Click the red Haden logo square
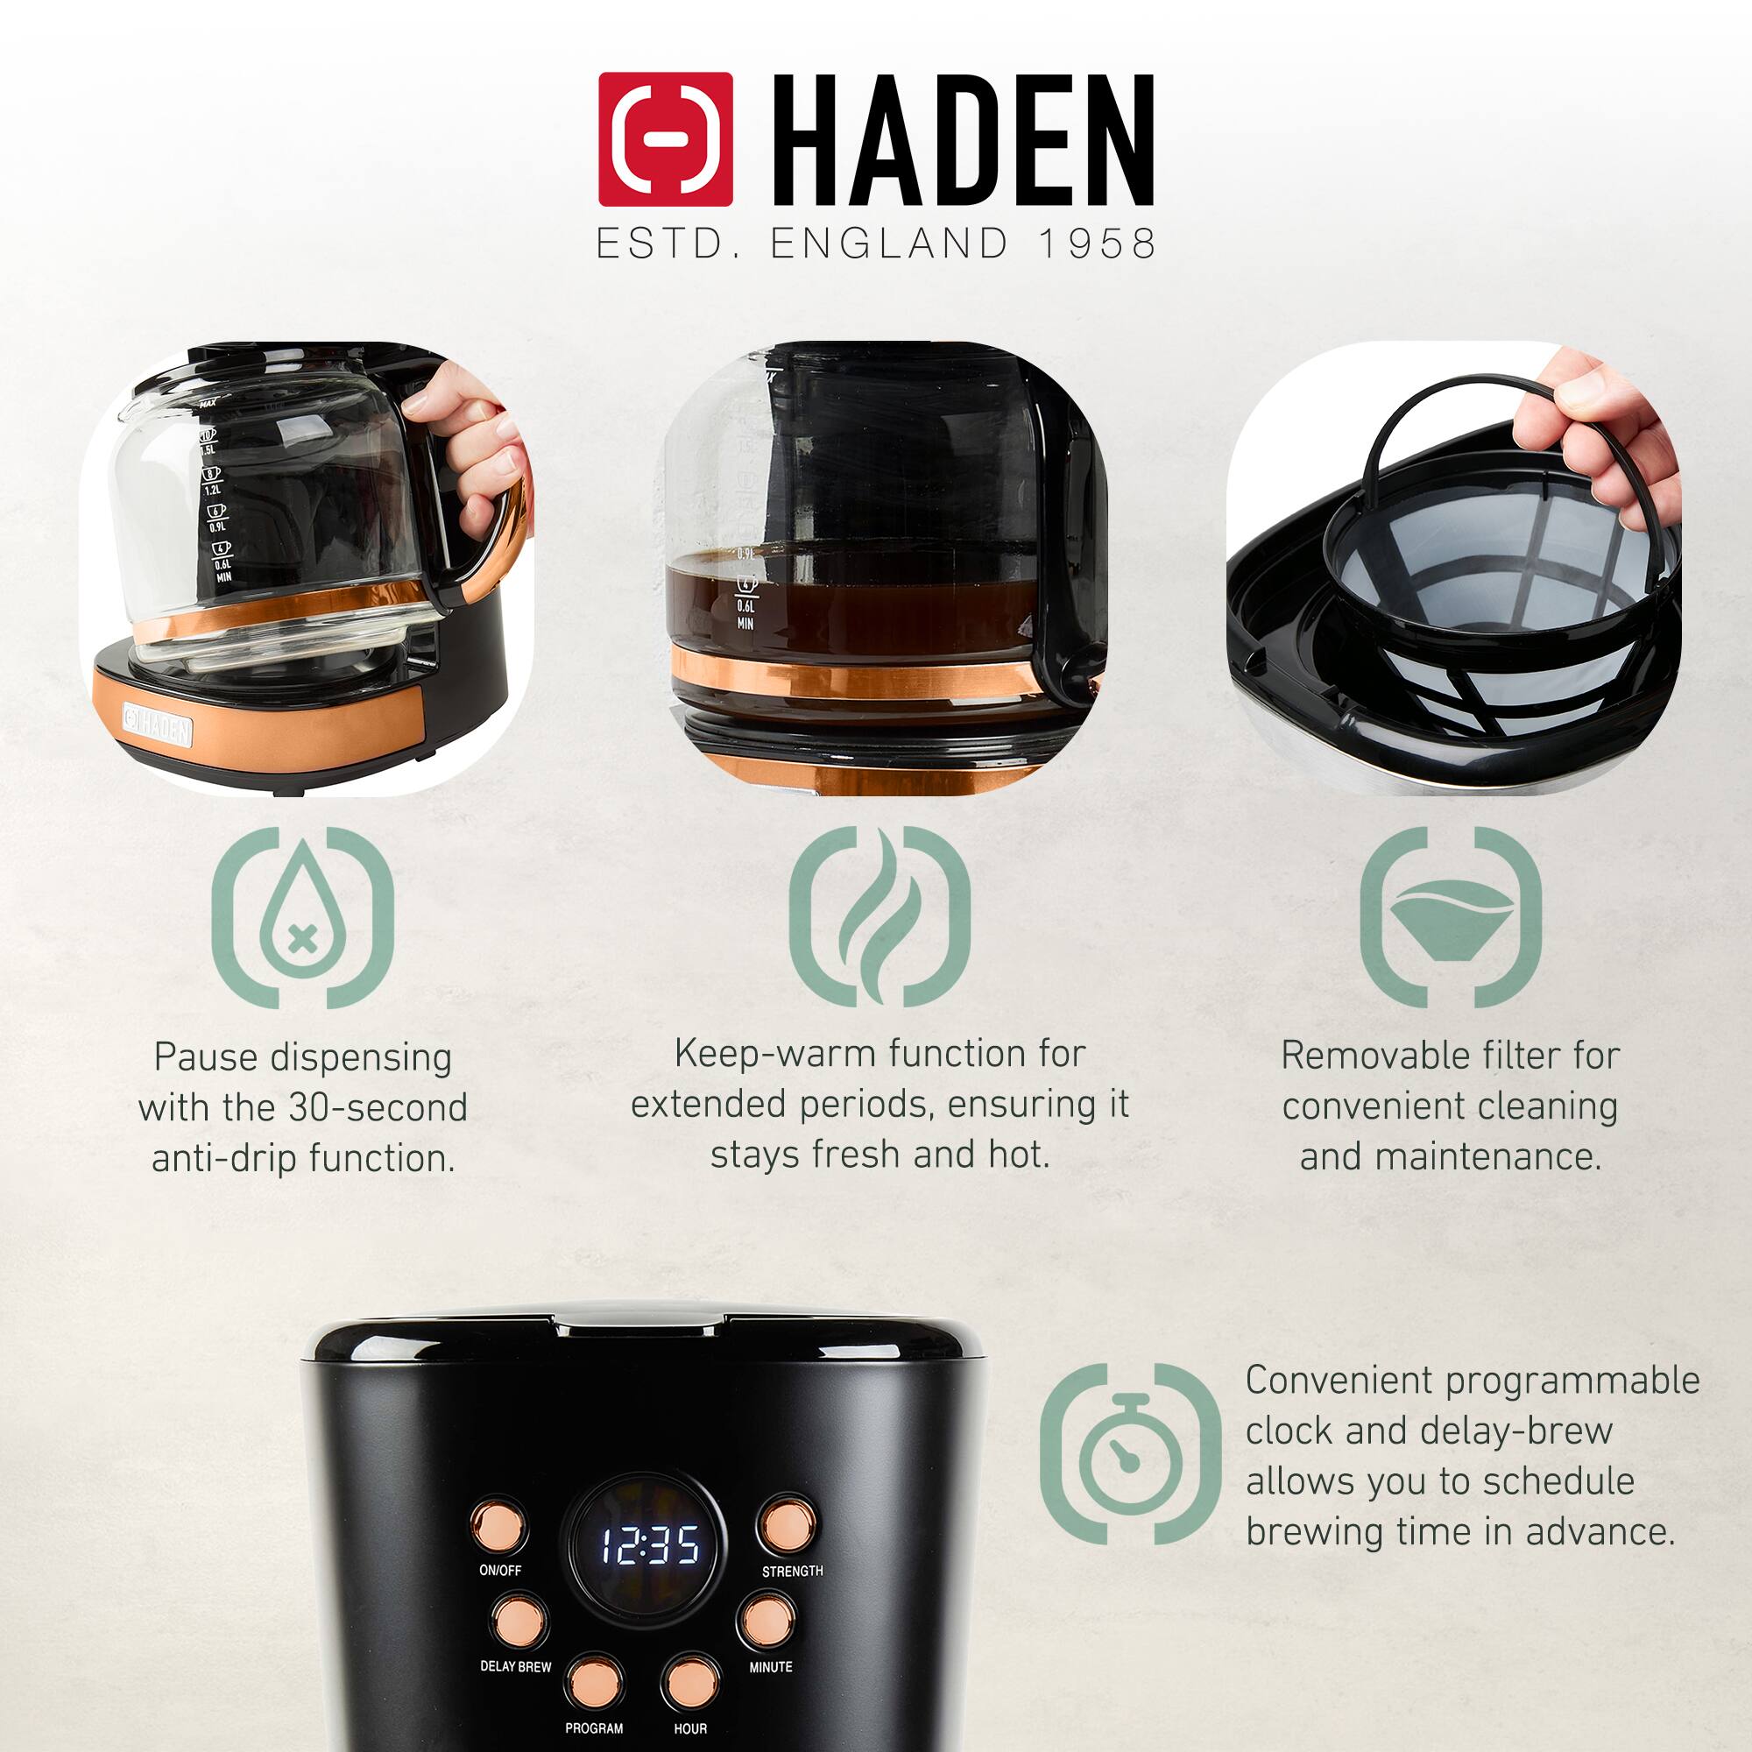pyautogui.click(x=665, y=138)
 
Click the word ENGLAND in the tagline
pyautogui.click(x=888, y=243)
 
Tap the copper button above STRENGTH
pyautogui.click(x=787, y=1526)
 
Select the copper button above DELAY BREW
pyautogui.click(x=519, y=1621)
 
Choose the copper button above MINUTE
pyautogui.click(x=766, y=1621)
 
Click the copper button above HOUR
pyautogui.click(x=691, y=1682)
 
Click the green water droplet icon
pyautogui.click(x=302, y=917)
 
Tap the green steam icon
pyautogui.click(x=879, y=917)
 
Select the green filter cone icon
pyautogui.click(x=1450, y=917)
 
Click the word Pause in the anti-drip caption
pyautogui.click(x=205, y=1057)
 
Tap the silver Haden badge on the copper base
pyautogui.click(x=158, y=724)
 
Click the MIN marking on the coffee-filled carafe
pyautogui.click(x=745, y=624)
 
